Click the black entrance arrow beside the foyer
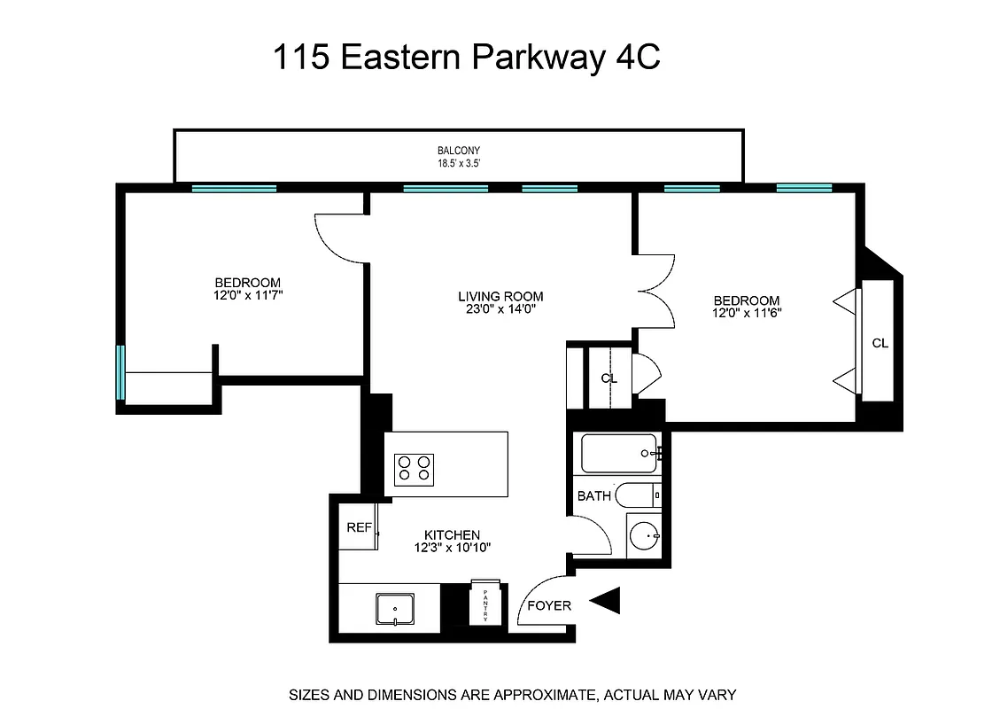click(x=606, y=602)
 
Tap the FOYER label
click(x=549, y=606)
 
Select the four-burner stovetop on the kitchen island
click(x=414, y=467)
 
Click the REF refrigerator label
click(x=359, y=527)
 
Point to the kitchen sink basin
click(x=391, y=608)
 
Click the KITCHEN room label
click(x=452, y=535)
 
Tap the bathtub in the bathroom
click(x=619, y=453)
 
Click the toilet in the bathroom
click(x=636, y=495)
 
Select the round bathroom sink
click(x=644, y=535)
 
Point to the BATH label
click(x=593, y=496)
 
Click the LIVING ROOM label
click(x=500, y=296)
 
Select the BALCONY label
click(x=459, y=151)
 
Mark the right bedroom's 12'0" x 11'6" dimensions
click(x=747, y=313)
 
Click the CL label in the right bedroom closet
click(x=880, y=344)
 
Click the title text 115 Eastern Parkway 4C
click(x=467, y=58)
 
